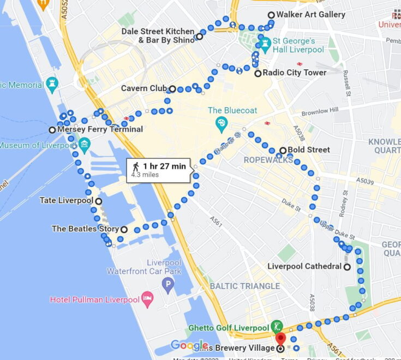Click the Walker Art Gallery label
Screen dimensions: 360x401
pos(310,15)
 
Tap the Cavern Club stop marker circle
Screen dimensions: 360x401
pos(172,89)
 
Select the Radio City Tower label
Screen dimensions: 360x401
pos(295,73)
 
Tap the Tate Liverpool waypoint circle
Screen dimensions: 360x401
pos(99,201)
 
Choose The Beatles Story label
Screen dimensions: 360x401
pos(85,229)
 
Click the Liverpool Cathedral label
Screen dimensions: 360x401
pos(304,267)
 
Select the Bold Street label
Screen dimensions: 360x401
pos(312,150)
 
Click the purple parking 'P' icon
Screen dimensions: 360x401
pos(168,283)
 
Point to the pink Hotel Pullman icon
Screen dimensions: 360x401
pos(147,299)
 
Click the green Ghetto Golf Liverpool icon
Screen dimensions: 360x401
pos(277,328)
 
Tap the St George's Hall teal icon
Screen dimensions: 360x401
pos(265,44)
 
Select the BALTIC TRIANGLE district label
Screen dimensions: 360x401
pos(245,286)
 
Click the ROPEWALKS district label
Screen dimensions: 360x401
pos(270,160)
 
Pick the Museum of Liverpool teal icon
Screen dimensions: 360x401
pos(84,146)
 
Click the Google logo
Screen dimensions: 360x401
pos(189,345)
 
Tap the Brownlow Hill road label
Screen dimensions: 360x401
pos(321,111)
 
